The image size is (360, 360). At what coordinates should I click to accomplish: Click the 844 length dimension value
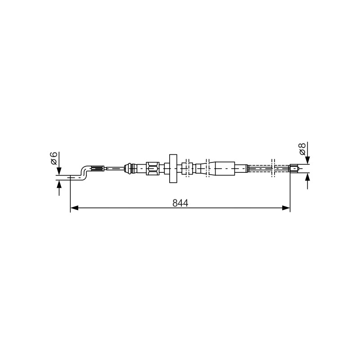pos(180,203)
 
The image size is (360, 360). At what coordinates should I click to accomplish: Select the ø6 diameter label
pos(54,158)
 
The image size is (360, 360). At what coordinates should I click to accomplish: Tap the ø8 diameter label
pos(302,149)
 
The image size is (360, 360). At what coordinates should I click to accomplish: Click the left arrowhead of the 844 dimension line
pos(74,208)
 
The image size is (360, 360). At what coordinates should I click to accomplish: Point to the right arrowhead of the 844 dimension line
pos(286,208)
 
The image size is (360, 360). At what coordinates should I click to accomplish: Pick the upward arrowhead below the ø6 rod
pos(59,184)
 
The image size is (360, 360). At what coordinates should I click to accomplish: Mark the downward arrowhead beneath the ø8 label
pos(308,160)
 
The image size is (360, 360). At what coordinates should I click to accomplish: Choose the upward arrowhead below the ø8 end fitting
pos(308,177)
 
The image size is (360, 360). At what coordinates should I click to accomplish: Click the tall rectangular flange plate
pos(173,168)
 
